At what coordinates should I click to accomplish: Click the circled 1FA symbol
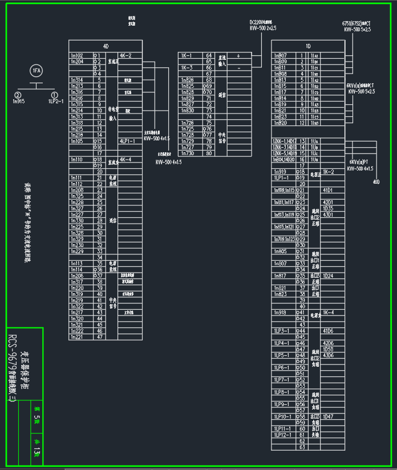click(37, 71)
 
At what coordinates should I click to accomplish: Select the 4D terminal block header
click(106, 46)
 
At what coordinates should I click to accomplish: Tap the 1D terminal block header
click(308, 46)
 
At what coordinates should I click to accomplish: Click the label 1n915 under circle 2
click(18, 101)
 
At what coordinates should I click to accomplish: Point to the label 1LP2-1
click(55, 101)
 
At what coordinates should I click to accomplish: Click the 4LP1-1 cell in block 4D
click(127, 141)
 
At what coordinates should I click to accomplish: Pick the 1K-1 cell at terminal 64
click(187, 55)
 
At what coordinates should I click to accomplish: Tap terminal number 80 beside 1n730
click(209, 153)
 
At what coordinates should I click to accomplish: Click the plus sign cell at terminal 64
click(238, 55)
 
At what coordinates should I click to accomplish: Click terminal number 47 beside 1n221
click(100, 337)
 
